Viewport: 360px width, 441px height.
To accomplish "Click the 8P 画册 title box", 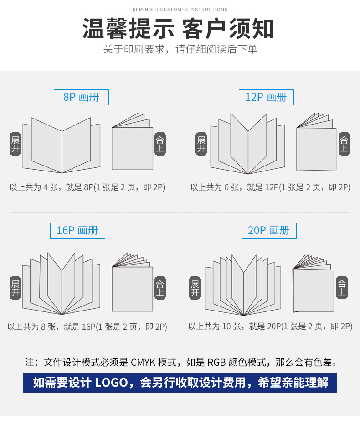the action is [x=81, y=97].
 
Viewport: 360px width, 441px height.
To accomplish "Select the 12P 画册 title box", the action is [x=266, y=97].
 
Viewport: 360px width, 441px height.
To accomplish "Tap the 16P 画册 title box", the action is [x=77, y=231].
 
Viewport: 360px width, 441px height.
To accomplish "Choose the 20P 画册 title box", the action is [x=269, y=231].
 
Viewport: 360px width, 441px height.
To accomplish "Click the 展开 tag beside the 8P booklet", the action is [x=15, y=144].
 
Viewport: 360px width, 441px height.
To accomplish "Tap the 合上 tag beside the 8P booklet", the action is [x=160, y=144].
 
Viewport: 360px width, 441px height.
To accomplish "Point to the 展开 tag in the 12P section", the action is [x=201, y=144].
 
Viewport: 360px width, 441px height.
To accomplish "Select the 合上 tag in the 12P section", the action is [x=344, y=144].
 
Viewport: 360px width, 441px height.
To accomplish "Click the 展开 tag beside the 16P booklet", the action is [x=15, y=288].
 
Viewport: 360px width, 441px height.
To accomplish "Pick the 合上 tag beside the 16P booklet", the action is [x=160, y=288].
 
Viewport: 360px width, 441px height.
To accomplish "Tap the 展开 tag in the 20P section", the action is [x=195, y=288].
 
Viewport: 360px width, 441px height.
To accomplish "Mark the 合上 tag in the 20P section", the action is [x=342, y=287].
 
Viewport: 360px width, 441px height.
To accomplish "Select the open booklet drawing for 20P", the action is [x=243, y=285].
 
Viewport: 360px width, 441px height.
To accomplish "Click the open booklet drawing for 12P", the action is [x=248, y=144].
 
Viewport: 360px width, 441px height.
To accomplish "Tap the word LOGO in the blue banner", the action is [x=112, y=383].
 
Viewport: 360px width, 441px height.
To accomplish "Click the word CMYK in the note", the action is [x=143, y=362].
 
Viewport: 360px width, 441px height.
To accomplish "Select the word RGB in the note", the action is [x=216, y=362].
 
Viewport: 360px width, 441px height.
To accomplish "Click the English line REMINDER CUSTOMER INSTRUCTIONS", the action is [x=180, y=10].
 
